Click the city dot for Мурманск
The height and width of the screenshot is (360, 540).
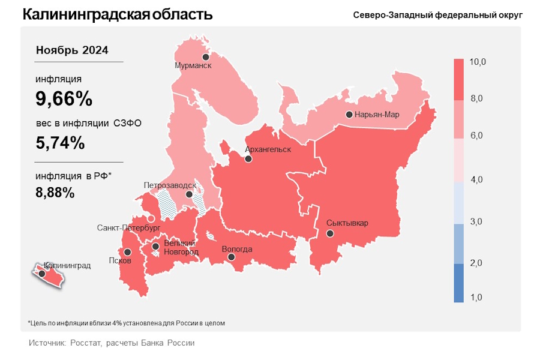point(206,57)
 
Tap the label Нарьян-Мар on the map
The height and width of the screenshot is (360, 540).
point(376,115)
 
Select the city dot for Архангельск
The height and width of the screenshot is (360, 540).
point(248,159)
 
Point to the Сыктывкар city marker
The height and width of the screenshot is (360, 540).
point(329,234)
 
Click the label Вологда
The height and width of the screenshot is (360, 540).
point(237,249)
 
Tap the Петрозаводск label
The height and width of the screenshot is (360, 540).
point(170,185)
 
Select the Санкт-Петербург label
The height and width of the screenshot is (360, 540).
point(128,228)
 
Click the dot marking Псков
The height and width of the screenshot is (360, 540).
point(127,252)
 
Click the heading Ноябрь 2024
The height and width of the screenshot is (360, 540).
point(72,50)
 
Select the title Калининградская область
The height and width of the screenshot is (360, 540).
point(118,14)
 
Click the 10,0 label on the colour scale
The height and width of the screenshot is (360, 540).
point(478,62)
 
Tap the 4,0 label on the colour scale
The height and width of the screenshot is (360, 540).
point(478,179)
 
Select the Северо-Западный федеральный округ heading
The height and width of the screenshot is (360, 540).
point(437,15)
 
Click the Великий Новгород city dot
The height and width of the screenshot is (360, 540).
point(155,246)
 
